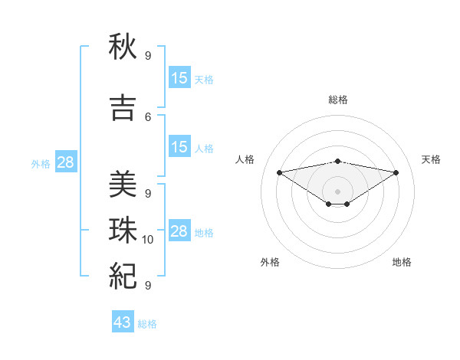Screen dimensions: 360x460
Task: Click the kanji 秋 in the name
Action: (x=123, y=47)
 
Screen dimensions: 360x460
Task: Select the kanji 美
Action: (x=123, y=185)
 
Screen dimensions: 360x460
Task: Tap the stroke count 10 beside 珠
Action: (x=148, y=240)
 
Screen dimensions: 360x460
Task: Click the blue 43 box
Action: (x=122, y=322)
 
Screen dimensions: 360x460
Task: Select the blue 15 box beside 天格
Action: (x=179, y=77)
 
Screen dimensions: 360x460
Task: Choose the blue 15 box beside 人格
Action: (x=179, y=147)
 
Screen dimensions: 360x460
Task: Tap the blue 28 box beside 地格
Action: (x=179, y=231)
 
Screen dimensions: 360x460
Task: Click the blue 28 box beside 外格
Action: (x=65, y=162)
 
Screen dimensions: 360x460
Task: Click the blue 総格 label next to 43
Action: (x=147, y=324)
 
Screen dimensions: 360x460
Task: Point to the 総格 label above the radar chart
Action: (x=337, y=100)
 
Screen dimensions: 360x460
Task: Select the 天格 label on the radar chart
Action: (x=432, y=159)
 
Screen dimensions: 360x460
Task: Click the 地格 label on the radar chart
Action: (x=402, y=262)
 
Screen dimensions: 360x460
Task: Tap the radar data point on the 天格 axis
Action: (x=396, y=172)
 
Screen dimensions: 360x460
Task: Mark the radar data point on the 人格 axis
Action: (x=279, y=172)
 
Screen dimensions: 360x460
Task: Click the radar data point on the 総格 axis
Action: (x=337, y=161)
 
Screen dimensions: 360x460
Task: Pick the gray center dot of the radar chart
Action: (x=337, y=191)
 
